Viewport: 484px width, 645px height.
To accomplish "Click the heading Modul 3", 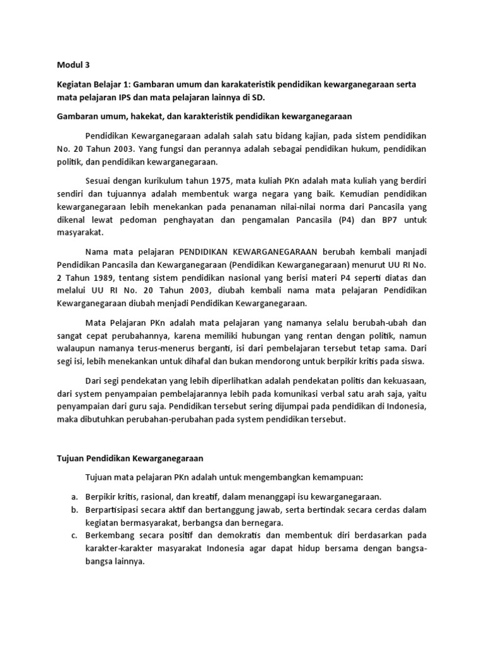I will click(x=74, y=64).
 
